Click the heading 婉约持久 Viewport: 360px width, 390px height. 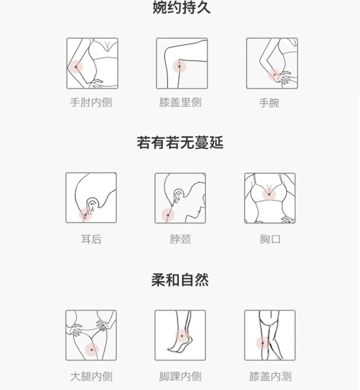coord(181,8)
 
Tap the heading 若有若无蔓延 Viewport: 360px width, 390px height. coord(180,143)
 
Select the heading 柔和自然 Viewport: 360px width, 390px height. coord(180,280)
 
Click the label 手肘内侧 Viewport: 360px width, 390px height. coord(91,102)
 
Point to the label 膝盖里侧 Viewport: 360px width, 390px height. coord(180,102)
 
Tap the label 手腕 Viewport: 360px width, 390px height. coord(269,103)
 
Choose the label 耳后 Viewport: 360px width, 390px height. coord(91,239)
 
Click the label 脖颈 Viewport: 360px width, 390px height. coord(180,239)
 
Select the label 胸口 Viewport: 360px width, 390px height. coord(270,239)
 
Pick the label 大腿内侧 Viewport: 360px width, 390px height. coord(91,376)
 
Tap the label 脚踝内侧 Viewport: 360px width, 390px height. coord(180,376)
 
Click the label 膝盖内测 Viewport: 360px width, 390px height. coord(270,376)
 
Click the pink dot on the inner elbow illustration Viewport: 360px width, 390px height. coord(76,67)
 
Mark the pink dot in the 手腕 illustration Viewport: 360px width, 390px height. coord(274,75)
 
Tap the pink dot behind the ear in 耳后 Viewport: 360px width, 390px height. coord(85,215)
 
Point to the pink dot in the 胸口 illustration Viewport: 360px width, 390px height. coord(269,194)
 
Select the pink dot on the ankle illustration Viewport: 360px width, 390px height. coord(182,336)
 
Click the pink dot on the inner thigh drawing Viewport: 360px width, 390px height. coord(91,350)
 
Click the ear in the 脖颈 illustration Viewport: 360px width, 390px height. coord(178,195)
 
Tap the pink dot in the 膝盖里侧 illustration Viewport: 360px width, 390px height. coord(179,66)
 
